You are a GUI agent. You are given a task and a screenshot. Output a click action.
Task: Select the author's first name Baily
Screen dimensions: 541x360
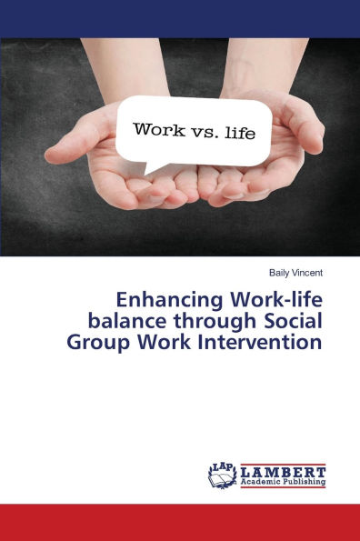coord(275,271)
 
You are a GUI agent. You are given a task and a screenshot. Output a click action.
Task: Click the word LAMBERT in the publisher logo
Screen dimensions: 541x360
coord(284,472)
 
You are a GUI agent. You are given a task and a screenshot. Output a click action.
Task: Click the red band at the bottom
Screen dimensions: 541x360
coord(180,523)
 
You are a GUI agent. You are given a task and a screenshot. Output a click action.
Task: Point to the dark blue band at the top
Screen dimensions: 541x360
coord(180,18)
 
